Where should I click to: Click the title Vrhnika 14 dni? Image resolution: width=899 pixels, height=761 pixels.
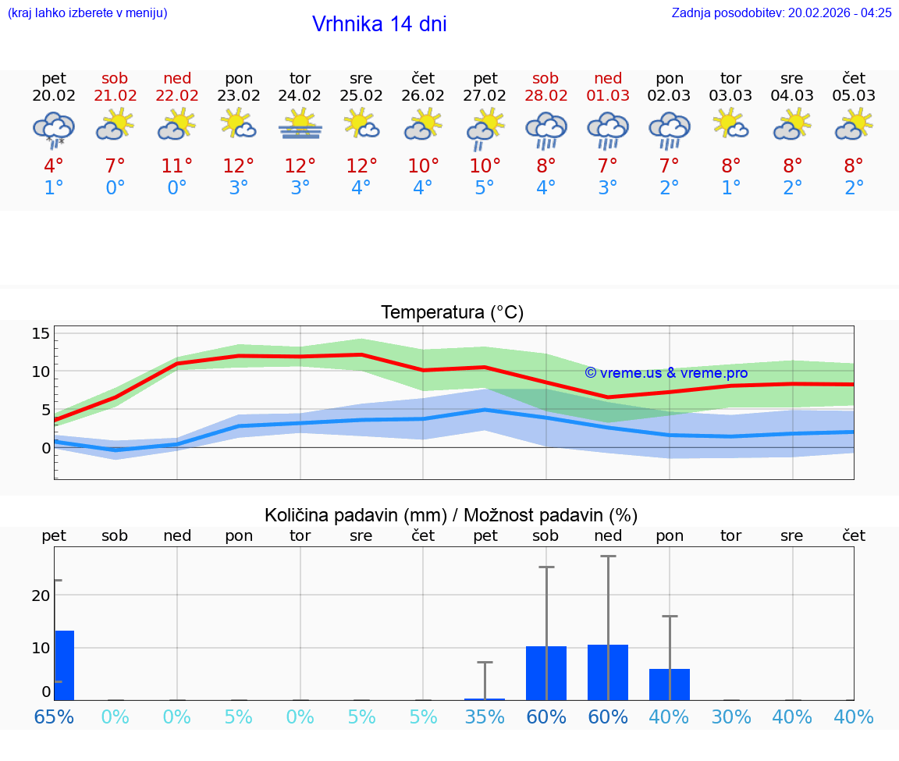pyautogui.click(x=379, y=24)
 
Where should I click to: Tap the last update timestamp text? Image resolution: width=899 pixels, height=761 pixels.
pyautogui.click(x=781, y=12)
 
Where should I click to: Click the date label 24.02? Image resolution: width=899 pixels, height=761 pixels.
pyautogui.click(x=300, y=96)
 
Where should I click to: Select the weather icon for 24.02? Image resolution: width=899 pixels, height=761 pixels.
pyautogui.click(x=300, y=125)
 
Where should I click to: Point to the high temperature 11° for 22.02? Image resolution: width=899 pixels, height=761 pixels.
pyautogui.click(x=177, y=166)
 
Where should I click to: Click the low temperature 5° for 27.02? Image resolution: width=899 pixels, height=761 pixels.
pyautogui.click(x=485, y=188)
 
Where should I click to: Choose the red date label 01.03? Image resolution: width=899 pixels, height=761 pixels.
pyautogui.click(x=608, y=96)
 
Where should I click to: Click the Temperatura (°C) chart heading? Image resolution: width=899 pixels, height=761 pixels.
pyautogui.click(x=452, y=313)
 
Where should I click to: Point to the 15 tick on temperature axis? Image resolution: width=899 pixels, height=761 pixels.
pyautogui.click(x=41, y=333)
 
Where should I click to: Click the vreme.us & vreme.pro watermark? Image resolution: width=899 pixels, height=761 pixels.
pyautogui.click(x=666, y=373)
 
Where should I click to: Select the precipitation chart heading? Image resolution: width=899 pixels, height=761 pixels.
pyautogui.click(x=451, y=515)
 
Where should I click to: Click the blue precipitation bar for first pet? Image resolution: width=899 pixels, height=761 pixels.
pyautogui.click(x=64, y=665)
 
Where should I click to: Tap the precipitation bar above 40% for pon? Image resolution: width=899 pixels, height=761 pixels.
pyautogui.click(x=670, y=685)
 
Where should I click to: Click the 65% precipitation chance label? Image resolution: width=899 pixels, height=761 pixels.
pyautogui.click(x=54, y=717)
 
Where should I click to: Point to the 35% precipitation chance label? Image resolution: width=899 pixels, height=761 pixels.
pyautogui.click(x=485, y=717)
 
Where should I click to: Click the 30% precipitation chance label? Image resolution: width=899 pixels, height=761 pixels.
pyautogui.click(x=730, y=717)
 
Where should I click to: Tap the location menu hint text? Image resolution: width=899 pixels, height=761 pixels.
pyautogui.click(x=87, y=12)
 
